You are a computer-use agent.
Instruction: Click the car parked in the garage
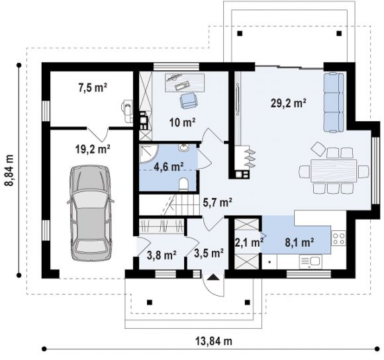[91, 213]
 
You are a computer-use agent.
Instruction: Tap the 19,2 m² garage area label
[93, 148]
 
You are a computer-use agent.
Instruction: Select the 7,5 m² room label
[93, 87]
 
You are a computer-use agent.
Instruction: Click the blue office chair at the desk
[188, 100]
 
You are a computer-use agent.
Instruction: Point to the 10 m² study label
[183, 122]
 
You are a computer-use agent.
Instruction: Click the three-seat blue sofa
[334, 103]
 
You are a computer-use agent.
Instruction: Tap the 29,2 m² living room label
[288, 103]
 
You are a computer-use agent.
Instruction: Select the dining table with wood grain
[334, 171]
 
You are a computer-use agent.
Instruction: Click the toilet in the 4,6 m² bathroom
[183, 183]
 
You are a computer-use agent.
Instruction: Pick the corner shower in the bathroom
[148, 154]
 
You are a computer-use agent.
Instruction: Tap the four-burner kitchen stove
[338, 238]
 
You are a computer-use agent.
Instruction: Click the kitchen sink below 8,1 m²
[311, 262]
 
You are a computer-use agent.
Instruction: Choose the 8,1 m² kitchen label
[299, 242]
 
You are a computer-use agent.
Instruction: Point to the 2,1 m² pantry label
[249, 242]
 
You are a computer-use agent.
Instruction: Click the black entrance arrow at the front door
[213, 277]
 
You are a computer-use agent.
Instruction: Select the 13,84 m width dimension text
[214, 341]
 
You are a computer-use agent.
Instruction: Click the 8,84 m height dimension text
[9, 170]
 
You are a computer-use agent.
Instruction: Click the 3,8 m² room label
[162, 255]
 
